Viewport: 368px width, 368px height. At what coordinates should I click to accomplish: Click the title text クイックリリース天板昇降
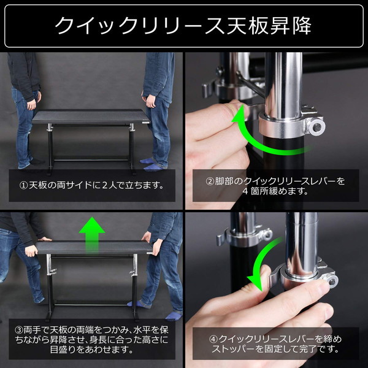183,25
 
